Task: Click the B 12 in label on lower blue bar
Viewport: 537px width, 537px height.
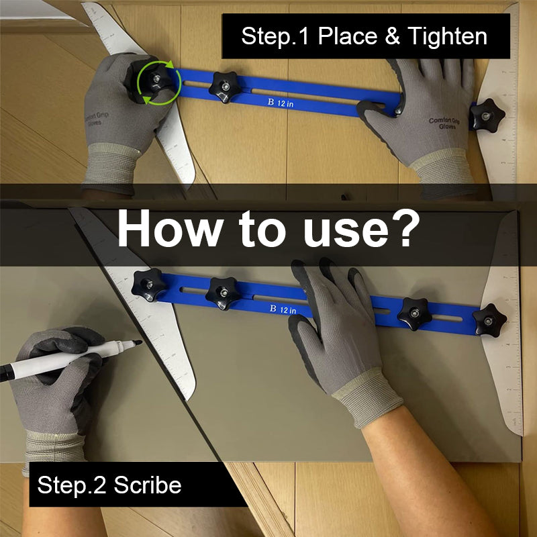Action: click(283, 309)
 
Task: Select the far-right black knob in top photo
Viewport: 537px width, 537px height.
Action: click(487, 115)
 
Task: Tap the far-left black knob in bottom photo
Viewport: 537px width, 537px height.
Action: click(148, 284)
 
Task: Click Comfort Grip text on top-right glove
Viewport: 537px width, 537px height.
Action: click(444, 125)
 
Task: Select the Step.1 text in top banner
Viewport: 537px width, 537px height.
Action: click(275, 36)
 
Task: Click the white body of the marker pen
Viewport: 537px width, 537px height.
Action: click(67, 360)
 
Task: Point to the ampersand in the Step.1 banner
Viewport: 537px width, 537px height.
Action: click(392, 36)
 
